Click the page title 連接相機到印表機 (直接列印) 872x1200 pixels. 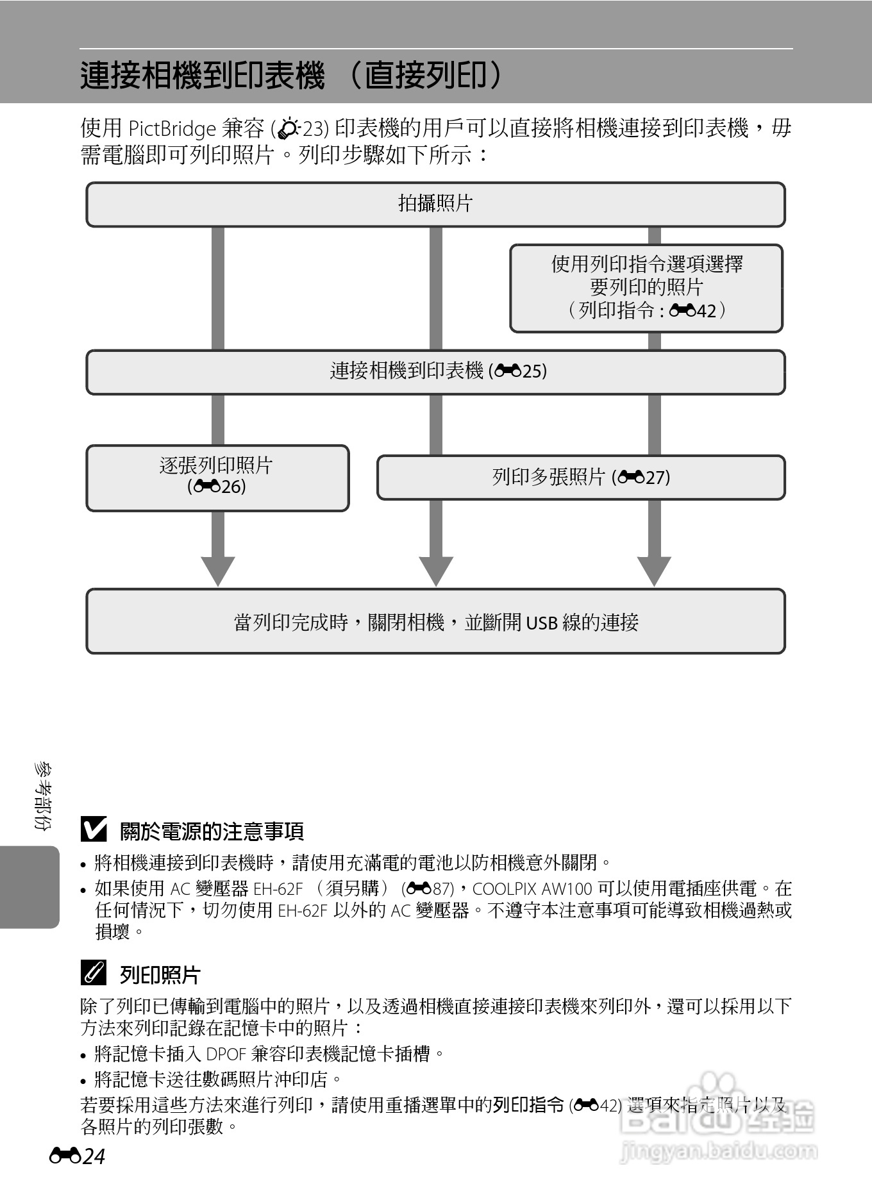(x=292, y=76)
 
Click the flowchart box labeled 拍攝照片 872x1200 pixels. (x=435, y=204)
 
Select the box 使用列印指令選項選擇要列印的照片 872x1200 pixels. (x=646, y=288)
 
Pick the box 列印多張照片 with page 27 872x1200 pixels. (x=581, y=477)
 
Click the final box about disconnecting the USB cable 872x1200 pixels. (x=435, y=622)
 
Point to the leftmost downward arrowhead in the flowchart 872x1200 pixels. (x=218, y=570)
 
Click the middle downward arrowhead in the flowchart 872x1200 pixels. (x=436, y=570)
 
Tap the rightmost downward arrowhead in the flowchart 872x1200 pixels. (x=654, y=570)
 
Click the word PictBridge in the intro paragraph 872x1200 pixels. (x=172, y=129)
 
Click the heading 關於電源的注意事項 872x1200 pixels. (x=212, y=831)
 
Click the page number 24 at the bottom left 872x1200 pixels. (x=94, y=1156)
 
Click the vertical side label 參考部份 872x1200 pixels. (x=44, y=796)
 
